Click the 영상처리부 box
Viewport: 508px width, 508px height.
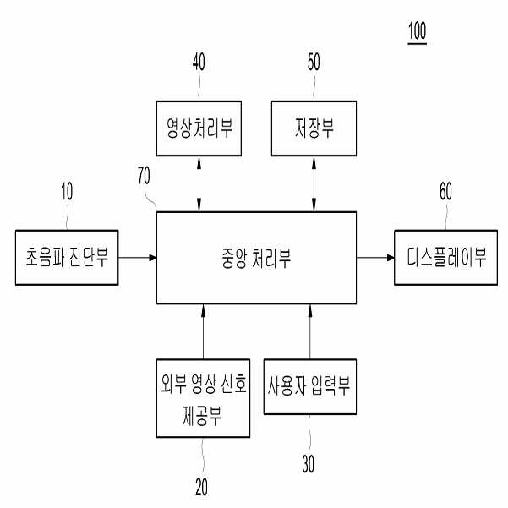pyautogui.click(x=199, y=128)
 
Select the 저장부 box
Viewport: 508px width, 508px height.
pyautogui.click(x=314, y=128)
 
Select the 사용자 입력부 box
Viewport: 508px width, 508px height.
pyautogui.click(x=309, y=388)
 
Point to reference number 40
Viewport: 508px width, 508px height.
pyautogui.click(x=199, y=61)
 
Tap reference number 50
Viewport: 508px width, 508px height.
pyautogui.click(x=314, y=61)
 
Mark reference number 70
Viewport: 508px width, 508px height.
pyautogui.click(x=145, y=177)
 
